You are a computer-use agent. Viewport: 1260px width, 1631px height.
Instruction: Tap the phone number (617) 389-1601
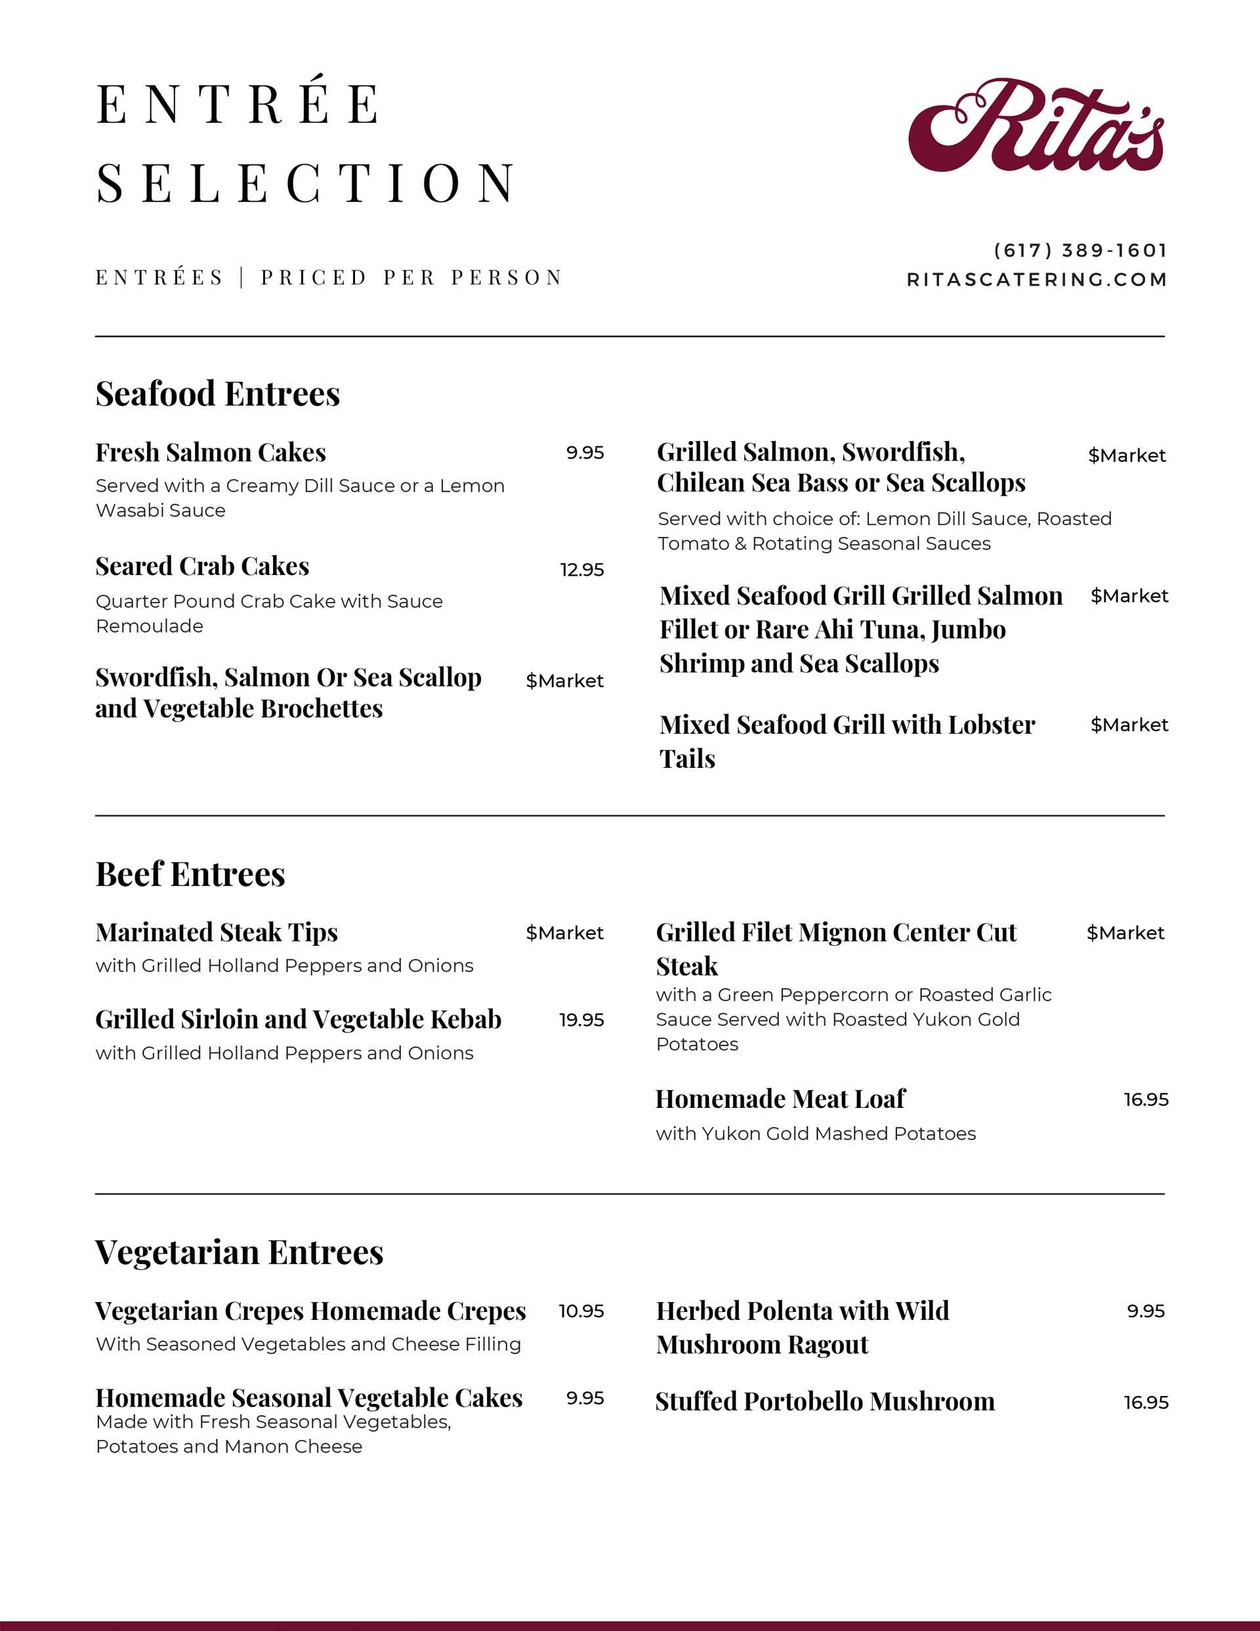(x=1080, y=250)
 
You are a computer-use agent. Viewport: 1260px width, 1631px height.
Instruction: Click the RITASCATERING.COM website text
(x=1037, y=280)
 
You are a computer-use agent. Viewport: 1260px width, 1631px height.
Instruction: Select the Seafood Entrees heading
(x=217, y=394)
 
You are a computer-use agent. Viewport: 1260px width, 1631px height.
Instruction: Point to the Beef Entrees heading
(x=190, y=874)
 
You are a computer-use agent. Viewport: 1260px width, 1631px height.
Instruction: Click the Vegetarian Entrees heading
(x=239, y=1252)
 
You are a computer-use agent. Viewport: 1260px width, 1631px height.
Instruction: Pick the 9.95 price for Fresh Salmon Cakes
(x=584, y=453)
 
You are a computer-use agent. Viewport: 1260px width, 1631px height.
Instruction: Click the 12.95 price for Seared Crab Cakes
(x=582, y=570)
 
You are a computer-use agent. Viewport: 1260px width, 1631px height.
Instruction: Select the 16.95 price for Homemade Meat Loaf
(x=1146, y=1099)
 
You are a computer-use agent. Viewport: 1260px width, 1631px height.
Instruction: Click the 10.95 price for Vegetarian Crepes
(x=581, y=1311)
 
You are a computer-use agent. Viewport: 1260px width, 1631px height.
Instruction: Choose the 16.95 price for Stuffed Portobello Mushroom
(x=1146, y=1403)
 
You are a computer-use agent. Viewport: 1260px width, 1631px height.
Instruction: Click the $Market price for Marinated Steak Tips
(x=564, y=933)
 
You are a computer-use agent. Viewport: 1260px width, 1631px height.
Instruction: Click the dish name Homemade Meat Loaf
(x=780, y=1099)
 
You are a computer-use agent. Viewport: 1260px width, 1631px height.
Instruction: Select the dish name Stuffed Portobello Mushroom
(x=824, y=1402)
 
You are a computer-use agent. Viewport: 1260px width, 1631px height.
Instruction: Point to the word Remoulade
(x=150, y=625)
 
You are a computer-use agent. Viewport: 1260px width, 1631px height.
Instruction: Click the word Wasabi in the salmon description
(x=125, y=510)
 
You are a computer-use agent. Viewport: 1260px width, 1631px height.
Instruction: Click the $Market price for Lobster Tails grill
(x=1129, y=725)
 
